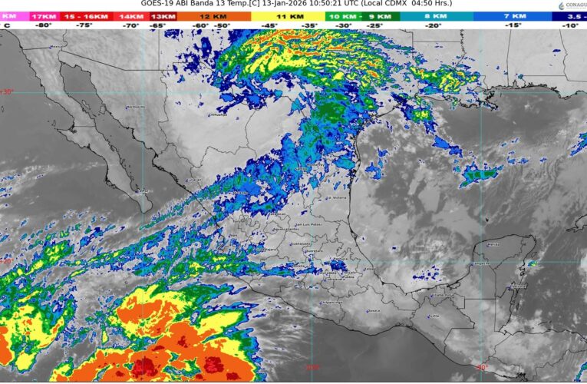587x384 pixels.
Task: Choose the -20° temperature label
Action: pyautogui.click(x=434, y=25)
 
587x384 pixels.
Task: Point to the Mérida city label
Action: pyautogui.click(x=494, y=244)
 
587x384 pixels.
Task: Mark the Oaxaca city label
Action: pyautogui.click(x=374, y=310)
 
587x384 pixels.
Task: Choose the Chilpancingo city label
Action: pyautogui.click(x=331, y=302)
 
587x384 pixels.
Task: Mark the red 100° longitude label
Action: pyautogui.click(x=312, y=367)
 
